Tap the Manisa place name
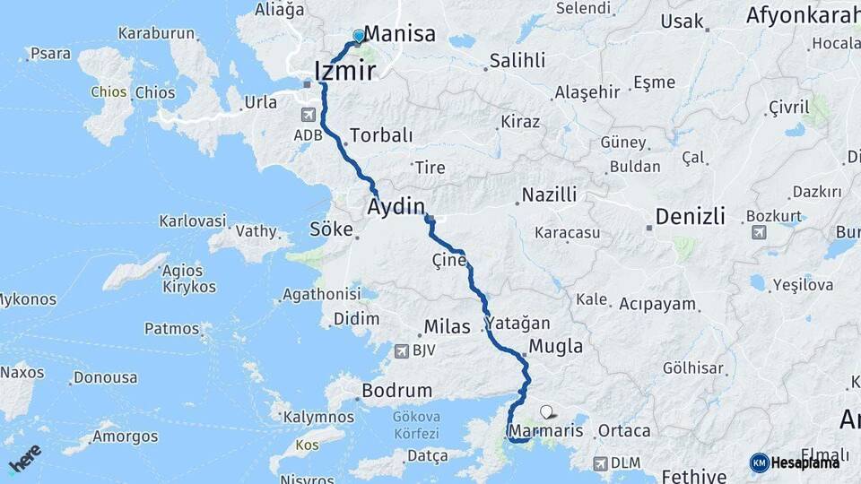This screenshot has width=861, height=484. pos(400,34)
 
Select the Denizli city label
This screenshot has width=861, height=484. pos(690,216)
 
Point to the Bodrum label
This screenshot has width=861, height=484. pos(396,392)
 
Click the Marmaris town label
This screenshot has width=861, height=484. pos(546,431)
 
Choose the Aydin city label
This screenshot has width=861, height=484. pos(396,207)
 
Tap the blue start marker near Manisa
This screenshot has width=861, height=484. pos(359,36)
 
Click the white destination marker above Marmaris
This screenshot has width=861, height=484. pos(546,412)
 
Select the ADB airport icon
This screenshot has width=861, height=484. pos(309,116)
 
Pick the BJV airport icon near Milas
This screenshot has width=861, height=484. pos(401,350)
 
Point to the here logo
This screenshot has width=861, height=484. pos(24,458)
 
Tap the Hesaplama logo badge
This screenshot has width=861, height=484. pos(795,462)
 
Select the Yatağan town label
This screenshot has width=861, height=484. pos(517,324)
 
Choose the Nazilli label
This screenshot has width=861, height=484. pos(550,195)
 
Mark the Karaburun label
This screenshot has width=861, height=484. pos(156,33)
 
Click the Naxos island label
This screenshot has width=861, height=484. pos(22,371)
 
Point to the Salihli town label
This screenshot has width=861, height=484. pos(516,61)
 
